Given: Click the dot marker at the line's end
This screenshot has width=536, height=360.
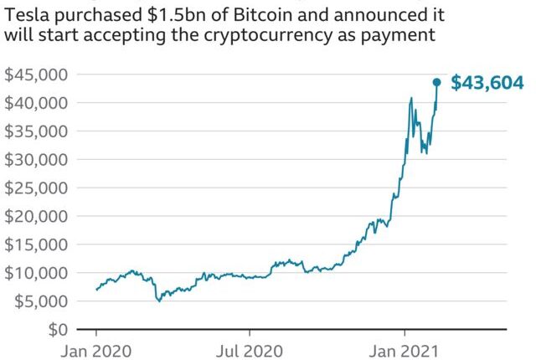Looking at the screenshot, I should tap(436, 82).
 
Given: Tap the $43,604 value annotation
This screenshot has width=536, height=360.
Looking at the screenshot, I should tap(487, 83).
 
